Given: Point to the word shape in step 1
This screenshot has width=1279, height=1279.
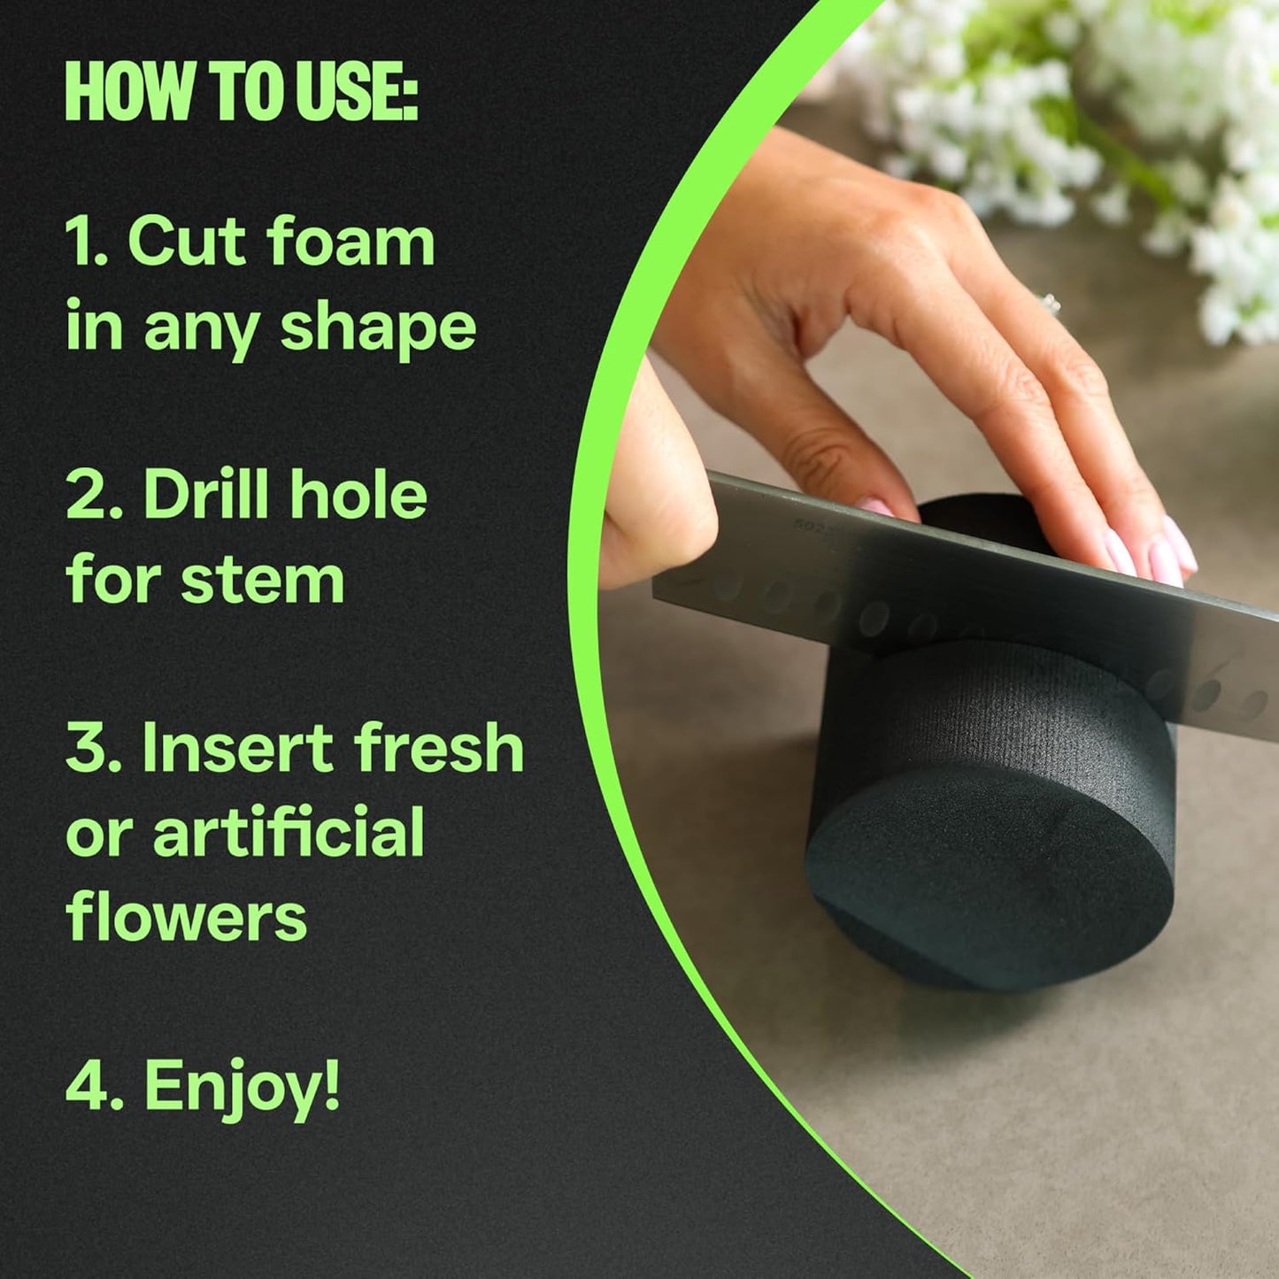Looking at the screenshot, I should [379, 329].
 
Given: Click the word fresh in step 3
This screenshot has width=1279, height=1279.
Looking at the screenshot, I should [440, 748].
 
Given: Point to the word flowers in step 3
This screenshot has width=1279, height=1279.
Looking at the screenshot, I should [186, 917].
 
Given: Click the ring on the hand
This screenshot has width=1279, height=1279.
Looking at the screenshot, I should [1051, 304].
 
